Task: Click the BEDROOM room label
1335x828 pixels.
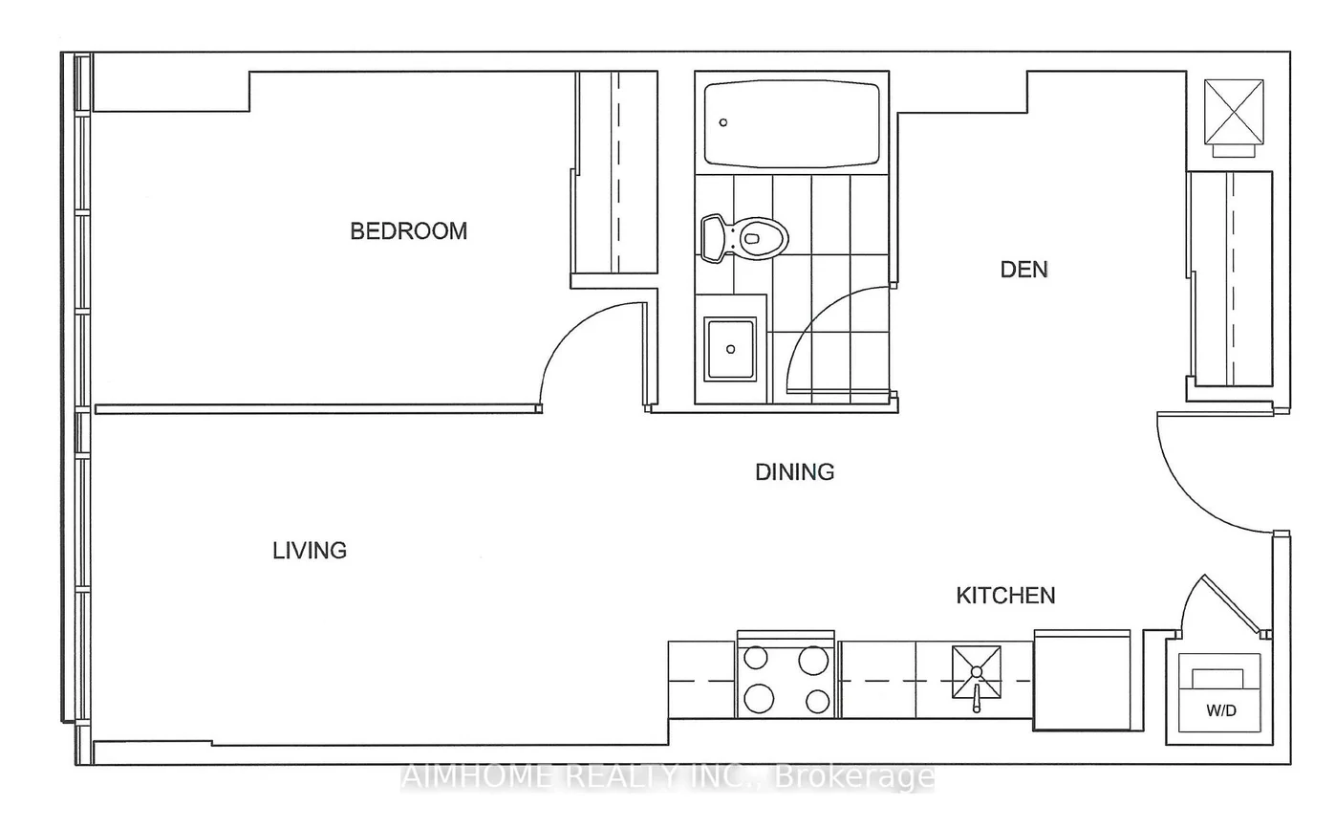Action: [x=408, y=230]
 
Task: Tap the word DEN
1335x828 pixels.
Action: [x=1023, y=270]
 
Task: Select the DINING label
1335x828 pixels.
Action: [x=794, y=472]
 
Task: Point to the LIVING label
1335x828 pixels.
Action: [x=310, y=550]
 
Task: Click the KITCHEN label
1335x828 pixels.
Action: [x=1005, y=596]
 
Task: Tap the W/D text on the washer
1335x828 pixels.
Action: [x=1221, y=710]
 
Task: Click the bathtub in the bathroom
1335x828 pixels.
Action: [x=791, y=124]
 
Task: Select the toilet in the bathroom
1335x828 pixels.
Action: [x=744, y=238]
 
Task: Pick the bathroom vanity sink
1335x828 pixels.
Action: [x=730, y=349]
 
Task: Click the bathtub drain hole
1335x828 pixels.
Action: [x=723, y=122]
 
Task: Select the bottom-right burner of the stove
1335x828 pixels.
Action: [x=817, y=701]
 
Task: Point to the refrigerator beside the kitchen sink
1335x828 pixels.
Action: [x=1082, y=680]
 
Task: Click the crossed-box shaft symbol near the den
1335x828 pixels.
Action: [x=1234, y=112]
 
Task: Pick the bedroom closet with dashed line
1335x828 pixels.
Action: [x=616, y=172]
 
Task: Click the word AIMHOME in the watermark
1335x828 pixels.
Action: [x=478, y=776]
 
